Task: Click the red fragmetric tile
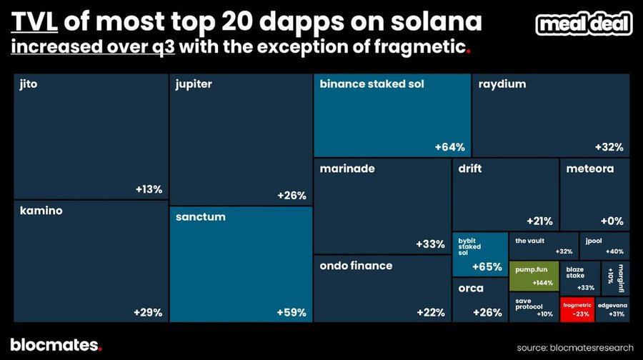point(577,308)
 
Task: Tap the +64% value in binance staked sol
point(449,147)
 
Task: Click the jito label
point(29,84)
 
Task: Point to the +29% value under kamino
point(148,312)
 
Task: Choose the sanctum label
point(200,216)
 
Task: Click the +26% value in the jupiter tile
point(291,196)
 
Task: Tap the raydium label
point(503,84)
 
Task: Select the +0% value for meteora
point(612,221)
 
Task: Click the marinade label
point(347,169)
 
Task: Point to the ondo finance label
point(356,266)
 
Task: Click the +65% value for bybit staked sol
point(487,267)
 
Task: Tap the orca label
point(471,289)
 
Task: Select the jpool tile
point(604,246)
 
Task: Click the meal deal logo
point(584,24)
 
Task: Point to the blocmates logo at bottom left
point(56,344)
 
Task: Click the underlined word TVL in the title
point(34,25)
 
